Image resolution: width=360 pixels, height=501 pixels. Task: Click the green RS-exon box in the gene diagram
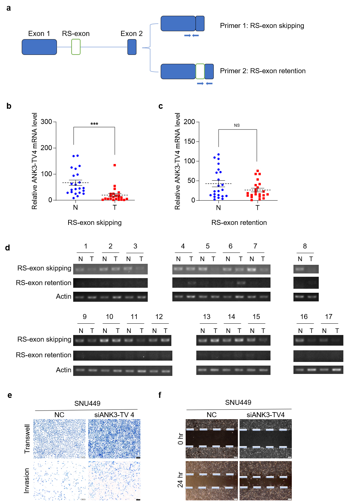coord(76,47)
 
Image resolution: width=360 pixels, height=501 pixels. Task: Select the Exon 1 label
coord(39,34)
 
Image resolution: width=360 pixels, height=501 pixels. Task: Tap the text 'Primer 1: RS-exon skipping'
coord(262,26)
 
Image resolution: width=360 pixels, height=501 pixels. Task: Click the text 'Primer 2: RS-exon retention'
coord(263,71)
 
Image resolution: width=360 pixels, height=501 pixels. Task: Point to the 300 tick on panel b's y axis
coord(46,122)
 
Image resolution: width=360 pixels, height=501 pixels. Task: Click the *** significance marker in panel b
coord(94,124)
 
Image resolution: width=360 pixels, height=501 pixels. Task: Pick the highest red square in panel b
coord(115,165)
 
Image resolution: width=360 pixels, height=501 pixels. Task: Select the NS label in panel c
coord(237,125)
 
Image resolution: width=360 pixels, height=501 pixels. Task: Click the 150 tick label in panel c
coord(189,141)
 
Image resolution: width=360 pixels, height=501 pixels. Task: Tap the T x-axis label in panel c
coord(257,208)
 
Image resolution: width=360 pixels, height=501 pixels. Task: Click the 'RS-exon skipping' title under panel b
coord(94,223)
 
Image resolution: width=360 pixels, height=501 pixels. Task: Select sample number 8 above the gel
coord(305,246)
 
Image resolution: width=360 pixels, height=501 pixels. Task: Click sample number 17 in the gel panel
coord(329,317)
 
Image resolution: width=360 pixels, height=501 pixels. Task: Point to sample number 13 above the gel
coord(207,317)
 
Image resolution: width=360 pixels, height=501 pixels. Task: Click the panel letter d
coord(8,248)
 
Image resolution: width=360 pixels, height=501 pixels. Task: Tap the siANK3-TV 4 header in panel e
coord(114,415)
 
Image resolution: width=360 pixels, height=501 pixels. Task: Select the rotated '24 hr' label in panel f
coord(180,479)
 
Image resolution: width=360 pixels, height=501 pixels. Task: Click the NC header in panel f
coord(212,415)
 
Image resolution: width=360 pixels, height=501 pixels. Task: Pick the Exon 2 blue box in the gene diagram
coord(132,47)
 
